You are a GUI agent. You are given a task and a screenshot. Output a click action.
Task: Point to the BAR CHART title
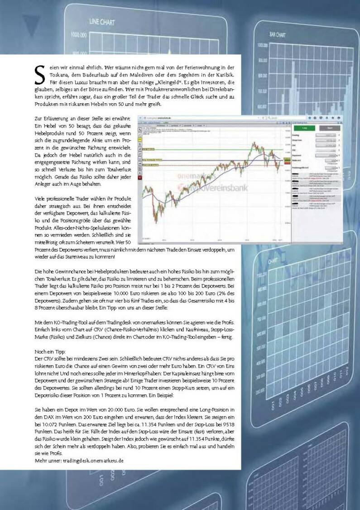point(278,34)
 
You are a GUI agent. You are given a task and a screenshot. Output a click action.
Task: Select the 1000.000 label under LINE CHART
point(79,34)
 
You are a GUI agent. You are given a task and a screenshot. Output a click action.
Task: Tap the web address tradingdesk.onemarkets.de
point(97,460)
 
